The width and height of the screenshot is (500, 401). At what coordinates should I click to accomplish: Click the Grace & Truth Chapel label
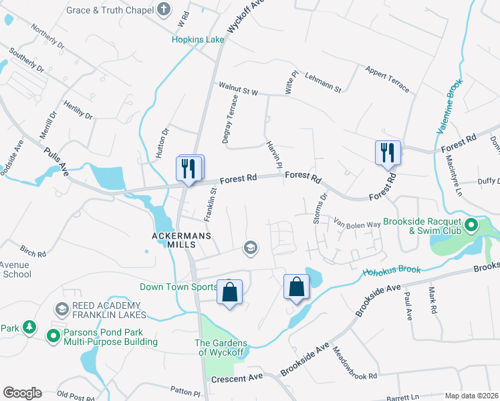[x=110, y=11]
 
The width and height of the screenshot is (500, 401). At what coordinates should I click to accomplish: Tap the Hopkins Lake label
[x=198, y=39]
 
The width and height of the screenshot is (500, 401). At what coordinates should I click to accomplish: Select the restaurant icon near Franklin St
[x=189, y=168]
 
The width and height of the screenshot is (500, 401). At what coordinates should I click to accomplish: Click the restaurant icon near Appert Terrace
[x=387, y=153]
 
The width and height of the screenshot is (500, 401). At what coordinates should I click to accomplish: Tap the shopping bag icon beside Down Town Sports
[x=229, y=293]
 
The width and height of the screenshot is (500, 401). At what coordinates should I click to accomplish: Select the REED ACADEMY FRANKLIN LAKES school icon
[x=62, y=308]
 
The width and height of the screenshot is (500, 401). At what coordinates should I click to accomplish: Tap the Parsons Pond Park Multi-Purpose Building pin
[x=53, y=336]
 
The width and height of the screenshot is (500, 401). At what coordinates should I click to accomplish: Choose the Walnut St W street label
[x=238, y=87]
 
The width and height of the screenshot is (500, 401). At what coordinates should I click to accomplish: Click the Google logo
[x=22, y=393]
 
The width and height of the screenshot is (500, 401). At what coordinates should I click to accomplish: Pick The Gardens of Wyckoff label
[x=221, y=348]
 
